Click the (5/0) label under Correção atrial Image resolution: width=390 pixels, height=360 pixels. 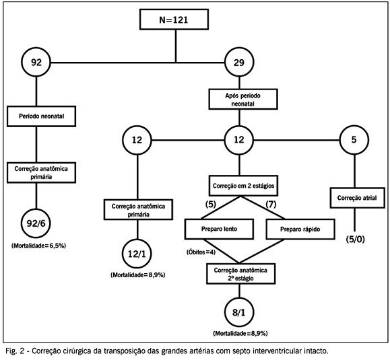(356, 240)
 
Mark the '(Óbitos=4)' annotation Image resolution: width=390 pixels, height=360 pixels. (201, 252)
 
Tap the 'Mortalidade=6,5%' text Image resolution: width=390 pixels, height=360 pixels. (38, 246)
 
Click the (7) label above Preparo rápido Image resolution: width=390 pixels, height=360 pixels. (271, 205)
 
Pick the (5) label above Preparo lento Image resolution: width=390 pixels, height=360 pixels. (210, 205)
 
